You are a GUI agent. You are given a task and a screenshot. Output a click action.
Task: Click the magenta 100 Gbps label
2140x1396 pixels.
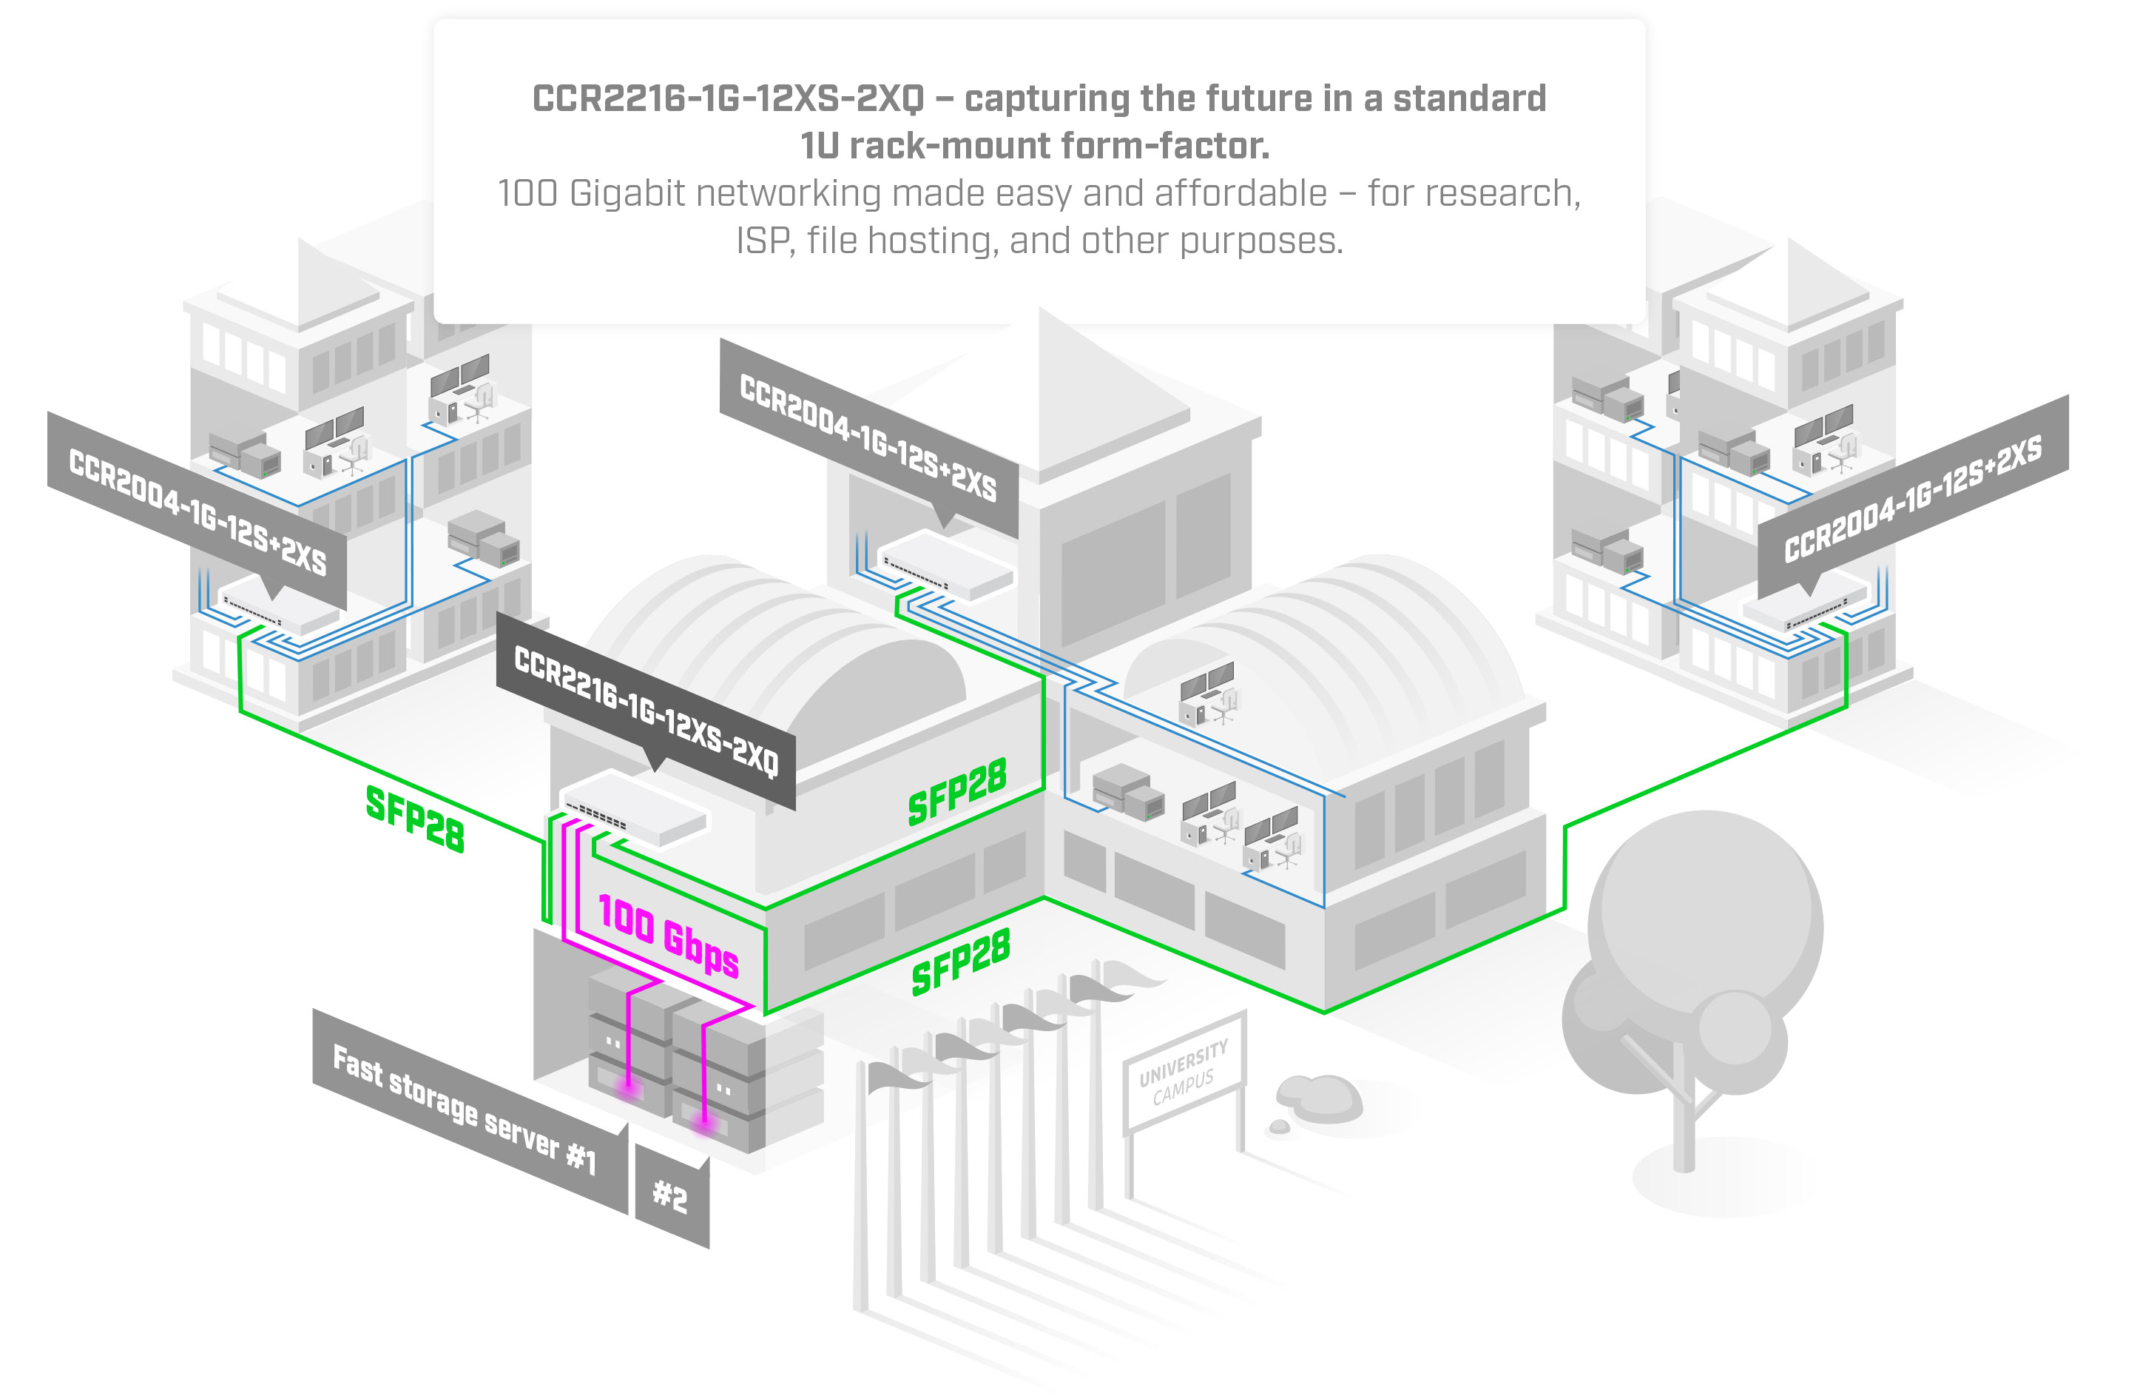point(668,936)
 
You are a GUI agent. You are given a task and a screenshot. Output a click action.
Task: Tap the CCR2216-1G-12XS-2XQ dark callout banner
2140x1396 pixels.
point(646,711)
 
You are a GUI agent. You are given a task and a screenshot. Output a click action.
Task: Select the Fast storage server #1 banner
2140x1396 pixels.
point(464,1110)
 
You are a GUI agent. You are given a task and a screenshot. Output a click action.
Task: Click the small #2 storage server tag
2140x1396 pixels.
point(671,1196)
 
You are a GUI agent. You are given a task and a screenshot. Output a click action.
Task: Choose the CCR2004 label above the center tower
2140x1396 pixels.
point(868,437)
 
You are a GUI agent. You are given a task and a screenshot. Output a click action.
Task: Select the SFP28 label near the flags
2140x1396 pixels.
point(960,962)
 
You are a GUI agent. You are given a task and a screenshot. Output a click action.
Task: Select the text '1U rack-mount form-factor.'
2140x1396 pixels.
point(1035,146)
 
